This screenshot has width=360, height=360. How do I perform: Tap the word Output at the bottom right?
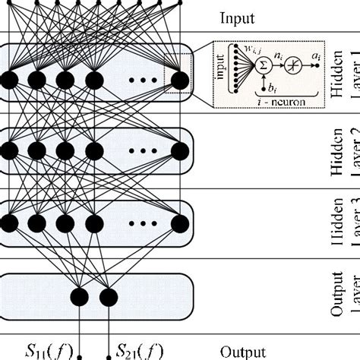[x=242, y=352]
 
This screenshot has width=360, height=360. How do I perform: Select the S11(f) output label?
[x=47, y=350]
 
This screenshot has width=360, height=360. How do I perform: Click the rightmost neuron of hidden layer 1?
[x=179, y=79]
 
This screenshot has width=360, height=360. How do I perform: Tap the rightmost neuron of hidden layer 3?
[x=179, y=223]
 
